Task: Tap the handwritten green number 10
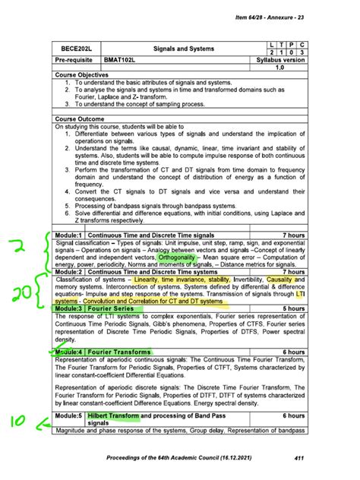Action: [21, 422]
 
